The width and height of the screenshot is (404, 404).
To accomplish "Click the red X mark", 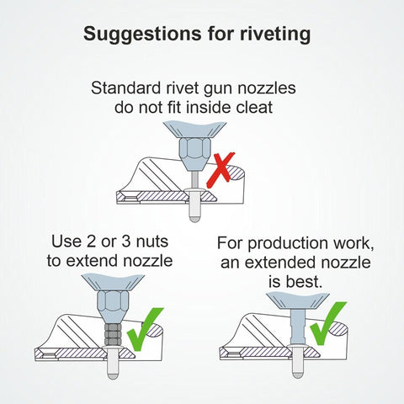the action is coord(221,170).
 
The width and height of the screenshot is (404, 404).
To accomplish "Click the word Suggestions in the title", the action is coord(142,35).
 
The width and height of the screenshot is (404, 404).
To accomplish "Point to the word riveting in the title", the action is coord(275,35).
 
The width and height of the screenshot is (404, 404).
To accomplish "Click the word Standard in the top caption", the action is coord(125,88).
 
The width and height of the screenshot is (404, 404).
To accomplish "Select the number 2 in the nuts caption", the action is coord(92,242).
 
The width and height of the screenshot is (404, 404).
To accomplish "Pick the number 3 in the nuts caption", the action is coord(126,242).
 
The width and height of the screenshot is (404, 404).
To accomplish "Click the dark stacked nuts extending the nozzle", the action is coord(113,334).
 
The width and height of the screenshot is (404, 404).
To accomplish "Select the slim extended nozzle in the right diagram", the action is coord(298,327).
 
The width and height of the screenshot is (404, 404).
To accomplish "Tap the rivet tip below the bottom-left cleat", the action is coord(113,375).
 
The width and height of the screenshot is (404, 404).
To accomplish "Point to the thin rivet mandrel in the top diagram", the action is coord(194,180).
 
